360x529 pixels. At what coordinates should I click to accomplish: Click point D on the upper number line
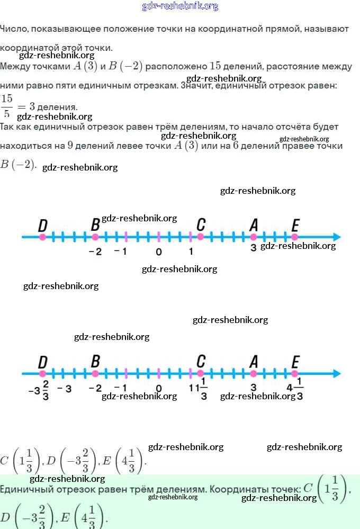pos(42,237)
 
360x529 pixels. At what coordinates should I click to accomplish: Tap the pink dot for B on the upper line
pos(95,237)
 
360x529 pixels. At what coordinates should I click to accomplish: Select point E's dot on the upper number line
pos(295,237)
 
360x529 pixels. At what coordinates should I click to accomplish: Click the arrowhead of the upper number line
pos(336,237)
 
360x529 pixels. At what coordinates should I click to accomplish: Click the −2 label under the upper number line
pos(95,252)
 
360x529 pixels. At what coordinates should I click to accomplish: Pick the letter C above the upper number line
pos(201,225)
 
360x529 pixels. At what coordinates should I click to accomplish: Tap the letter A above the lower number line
pos(254,362)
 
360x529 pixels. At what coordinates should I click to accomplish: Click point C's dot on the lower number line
pos(201,374)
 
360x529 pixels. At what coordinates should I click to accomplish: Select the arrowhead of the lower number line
pos(336,374)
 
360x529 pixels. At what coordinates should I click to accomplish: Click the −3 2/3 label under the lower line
pos(39,390)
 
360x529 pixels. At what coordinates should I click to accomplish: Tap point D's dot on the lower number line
pos(42,374)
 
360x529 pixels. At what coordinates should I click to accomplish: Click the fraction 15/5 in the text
pos(7,106)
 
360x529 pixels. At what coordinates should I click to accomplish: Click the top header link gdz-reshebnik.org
pos(180,6)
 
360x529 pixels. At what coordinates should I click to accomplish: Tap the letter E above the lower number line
pos(295,362)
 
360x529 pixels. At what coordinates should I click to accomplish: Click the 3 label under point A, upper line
pos(253,247)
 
